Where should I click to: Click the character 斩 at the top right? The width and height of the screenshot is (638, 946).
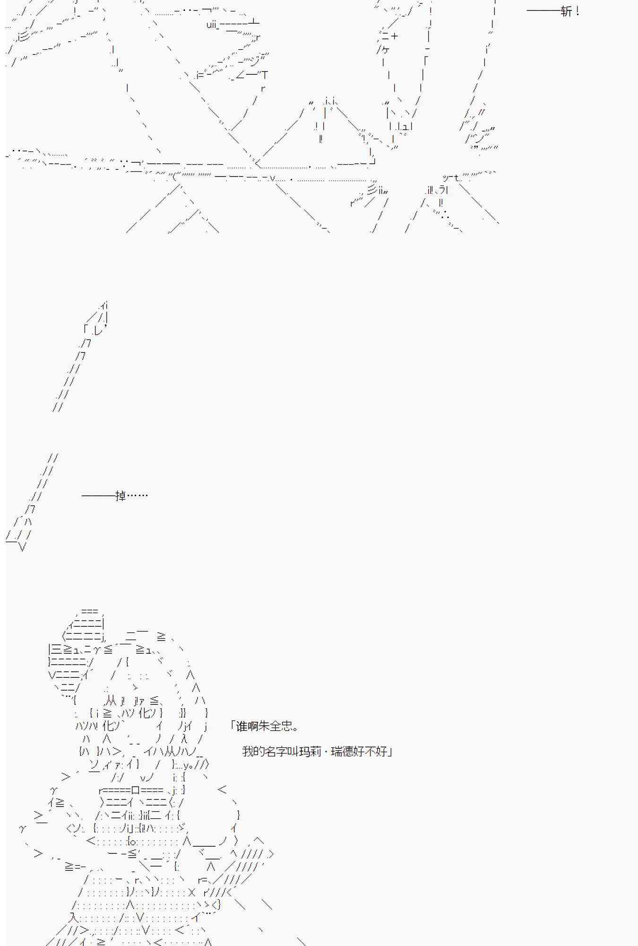[x=566, y=11]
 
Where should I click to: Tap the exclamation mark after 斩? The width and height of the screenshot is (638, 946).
[x=577, y=11]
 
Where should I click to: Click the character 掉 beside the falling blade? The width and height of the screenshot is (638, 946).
[x=121, y=495]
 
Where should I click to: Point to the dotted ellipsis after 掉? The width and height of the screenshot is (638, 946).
[x=138, y=495]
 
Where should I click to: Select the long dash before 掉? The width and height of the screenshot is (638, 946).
[x=98, y=496]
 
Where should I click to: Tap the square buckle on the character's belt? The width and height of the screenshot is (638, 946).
[x=136, y=790]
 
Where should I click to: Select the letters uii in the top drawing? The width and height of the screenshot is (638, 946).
[x=212, y=24]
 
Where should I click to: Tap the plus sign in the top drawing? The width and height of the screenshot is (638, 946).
[x=394, y=36]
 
